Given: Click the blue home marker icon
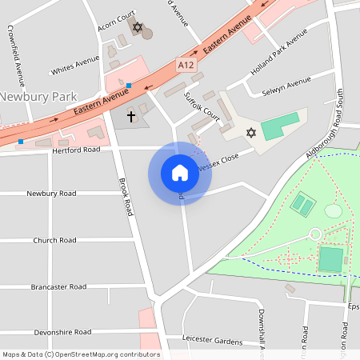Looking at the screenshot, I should click(179, 173).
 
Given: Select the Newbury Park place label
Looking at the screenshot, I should click(39, 97).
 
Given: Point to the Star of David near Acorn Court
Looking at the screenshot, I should click(138, 28).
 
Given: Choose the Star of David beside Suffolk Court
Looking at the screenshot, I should click(250, 132).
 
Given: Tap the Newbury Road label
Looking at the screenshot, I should click(51, 194).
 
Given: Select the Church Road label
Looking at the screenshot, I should click(54, 240).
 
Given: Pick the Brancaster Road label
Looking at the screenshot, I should click(58, 286).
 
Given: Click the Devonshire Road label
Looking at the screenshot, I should click(63, 332).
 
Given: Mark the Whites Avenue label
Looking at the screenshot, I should click(74, 70).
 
